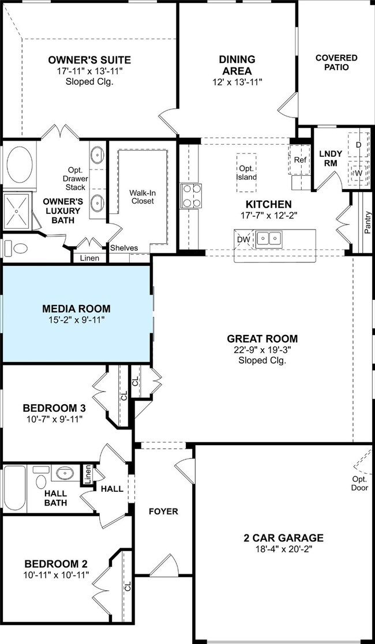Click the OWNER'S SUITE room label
89,60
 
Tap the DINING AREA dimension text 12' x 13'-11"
237,81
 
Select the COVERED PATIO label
336,62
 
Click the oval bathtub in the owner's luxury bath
19,165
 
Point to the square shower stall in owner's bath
17,210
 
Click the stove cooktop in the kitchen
192,196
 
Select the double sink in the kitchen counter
269,238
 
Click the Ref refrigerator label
300,160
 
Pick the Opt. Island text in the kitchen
246,173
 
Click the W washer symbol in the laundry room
358,173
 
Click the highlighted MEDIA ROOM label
77,308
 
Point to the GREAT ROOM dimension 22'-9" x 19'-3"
262,350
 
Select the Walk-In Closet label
141,197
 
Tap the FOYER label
163,511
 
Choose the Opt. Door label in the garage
358,483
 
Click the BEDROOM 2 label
55,563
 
